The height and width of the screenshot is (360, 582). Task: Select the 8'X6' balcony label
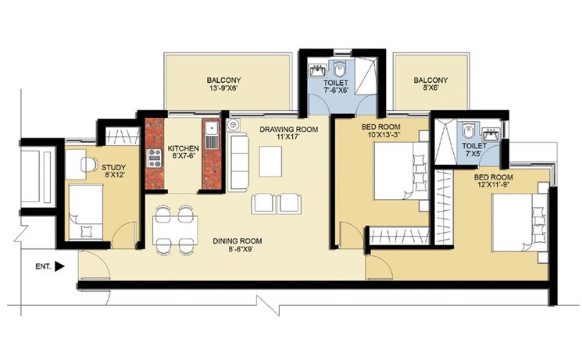430,84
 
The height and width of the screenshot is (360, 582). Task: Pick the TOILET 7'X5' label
473,151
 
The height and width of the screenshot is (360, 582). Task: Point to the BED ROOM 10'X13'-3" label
381,130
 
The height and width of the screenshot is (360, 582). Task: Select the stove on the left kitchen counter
154,151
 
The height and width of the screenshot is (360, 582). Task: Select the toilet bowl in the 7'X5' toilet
467,130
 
